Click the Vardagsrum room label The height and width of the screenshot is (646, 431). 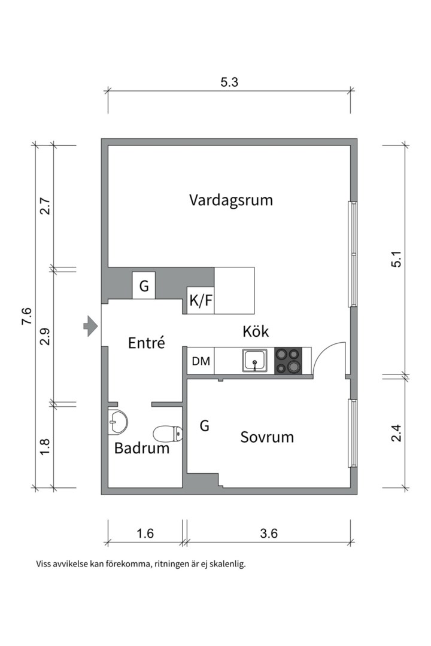pos(230,200)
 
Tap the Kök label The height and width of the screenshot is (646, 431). pos(256,331)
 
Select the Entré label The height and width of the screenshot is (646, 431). pos(147,343)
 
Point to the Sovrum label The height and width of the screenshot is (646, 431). pos(267,437)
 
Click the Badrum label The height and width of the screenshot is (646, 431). pos(142,448)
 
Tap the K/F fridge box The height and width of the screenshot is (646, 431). pos(201,301)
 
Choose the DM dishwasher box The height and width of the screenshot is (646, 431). pos(201,361)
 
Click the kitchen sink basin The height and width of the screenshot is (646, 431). pos(256,361)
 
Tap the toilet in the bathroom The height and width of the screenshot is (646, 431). pos(168,432)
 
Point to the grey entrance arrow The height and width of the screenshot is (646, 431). pos(90,326)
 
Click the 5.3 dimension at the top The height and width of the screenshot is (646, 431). pos(229,83)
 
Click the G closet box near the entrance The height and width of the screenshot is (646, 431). pos(144,286)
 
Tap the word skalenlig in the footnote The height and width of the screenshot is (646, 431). pos(226,563)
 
